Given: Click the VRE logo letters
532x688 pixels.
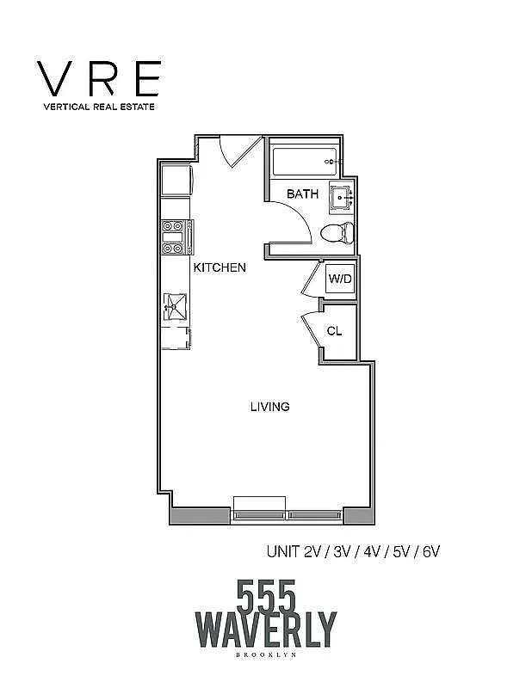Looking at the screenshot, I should coord(97,79).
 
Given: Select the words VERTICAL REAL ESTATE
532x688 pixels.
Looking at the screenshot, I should coord(97,108).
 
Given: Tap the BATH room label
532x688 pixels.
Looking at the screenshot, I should coord(302,194).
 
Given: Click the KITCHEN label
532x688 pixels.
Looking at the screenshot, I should coord(220,267).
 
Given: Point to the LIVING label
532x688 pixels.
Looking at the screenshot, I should coord(269,406).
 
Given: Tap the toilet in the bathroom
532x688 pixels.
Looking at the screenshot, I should coord(334,231).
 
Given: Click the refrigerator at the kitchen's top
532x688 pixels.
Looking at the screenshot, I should coord(177,180).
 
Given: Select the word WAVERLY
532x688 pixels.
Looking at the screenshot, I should coord(266,630).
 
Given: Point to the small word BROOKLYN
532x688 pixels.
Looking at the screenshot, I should coord(266,657).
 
